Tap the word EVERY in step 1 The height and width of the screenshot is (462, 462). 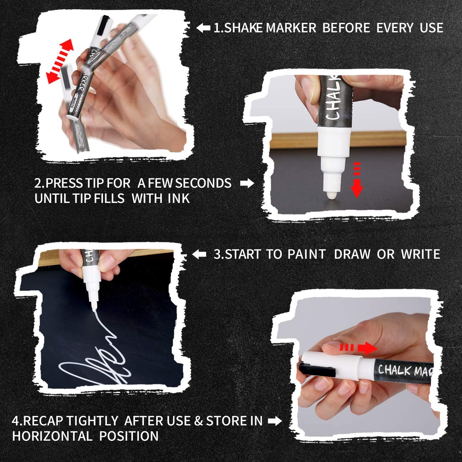coord(394,28)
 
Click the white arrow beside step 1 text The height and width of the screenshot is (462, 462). coord(203,28)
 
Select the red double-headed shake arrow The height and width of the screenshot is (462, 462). coord(60,62)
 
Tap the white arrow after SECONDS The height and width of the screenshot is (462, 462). coord(247,183)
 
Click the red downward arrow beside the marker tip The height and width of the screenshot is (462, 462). coord(357,180)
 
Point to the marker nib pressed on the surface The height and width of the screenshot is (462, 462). coord(332,194)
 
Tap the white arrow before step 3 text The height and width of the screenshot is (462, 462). coord(199,254)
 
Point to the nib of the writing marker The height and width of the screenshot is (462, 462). coord(94,306)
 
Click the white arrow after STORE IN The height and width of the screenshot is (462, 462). coord(275,421)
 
